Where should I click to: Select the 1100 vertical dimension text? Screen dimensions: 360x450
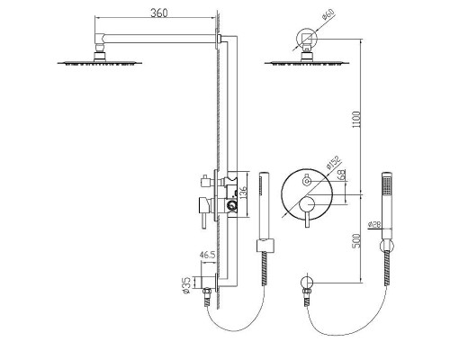pyautogui.click(x=360, y=116)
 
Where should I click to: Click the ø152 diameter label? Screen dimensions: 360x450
pyautogui.click(x=330, y=162)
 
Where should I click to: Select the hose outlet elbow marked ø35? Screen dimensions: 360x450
pyautogui.click(x=209, y=287)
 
